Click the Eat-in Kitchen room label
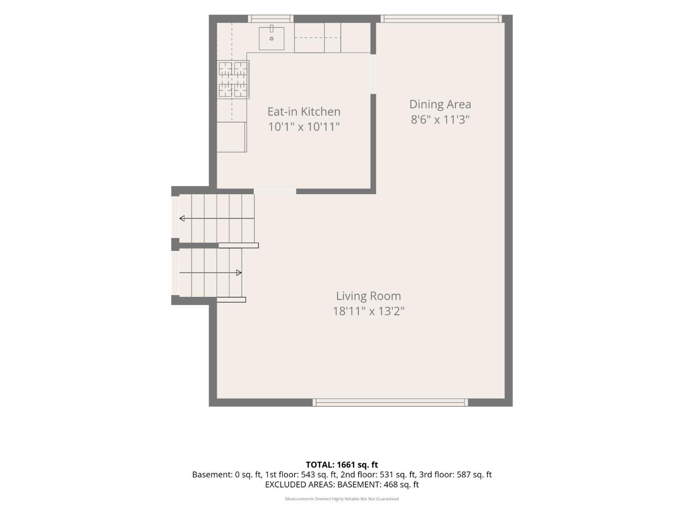point(304,112)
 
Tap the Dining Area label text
point(440,104)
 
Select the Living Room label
point(368,296)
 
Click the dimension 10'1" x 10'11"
point(304,127)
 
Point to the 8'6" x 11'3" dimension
point(440,119)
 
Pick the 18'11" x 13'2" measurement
point(368,311)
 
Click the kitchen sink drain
point(271,39)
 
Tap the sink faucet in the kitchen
point(271,28)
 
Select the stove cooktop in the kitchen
point(233,79)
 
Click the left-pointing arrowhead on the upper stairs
point(182,218)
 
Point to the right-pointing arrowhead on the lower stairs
point(238,273)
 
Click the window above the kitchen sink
point(270,19)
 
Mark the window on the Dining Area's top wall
point(441,19)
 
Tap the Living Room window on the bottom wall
point(390,403)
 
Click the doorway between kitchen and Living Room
point(275,191)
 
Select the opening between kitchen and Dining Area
point(373,74)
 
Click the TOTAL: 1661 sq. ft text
point(342,465)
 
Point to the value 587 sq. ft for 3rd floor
point(474,475)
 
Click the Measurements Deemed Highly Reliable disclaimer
point(342,499)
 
